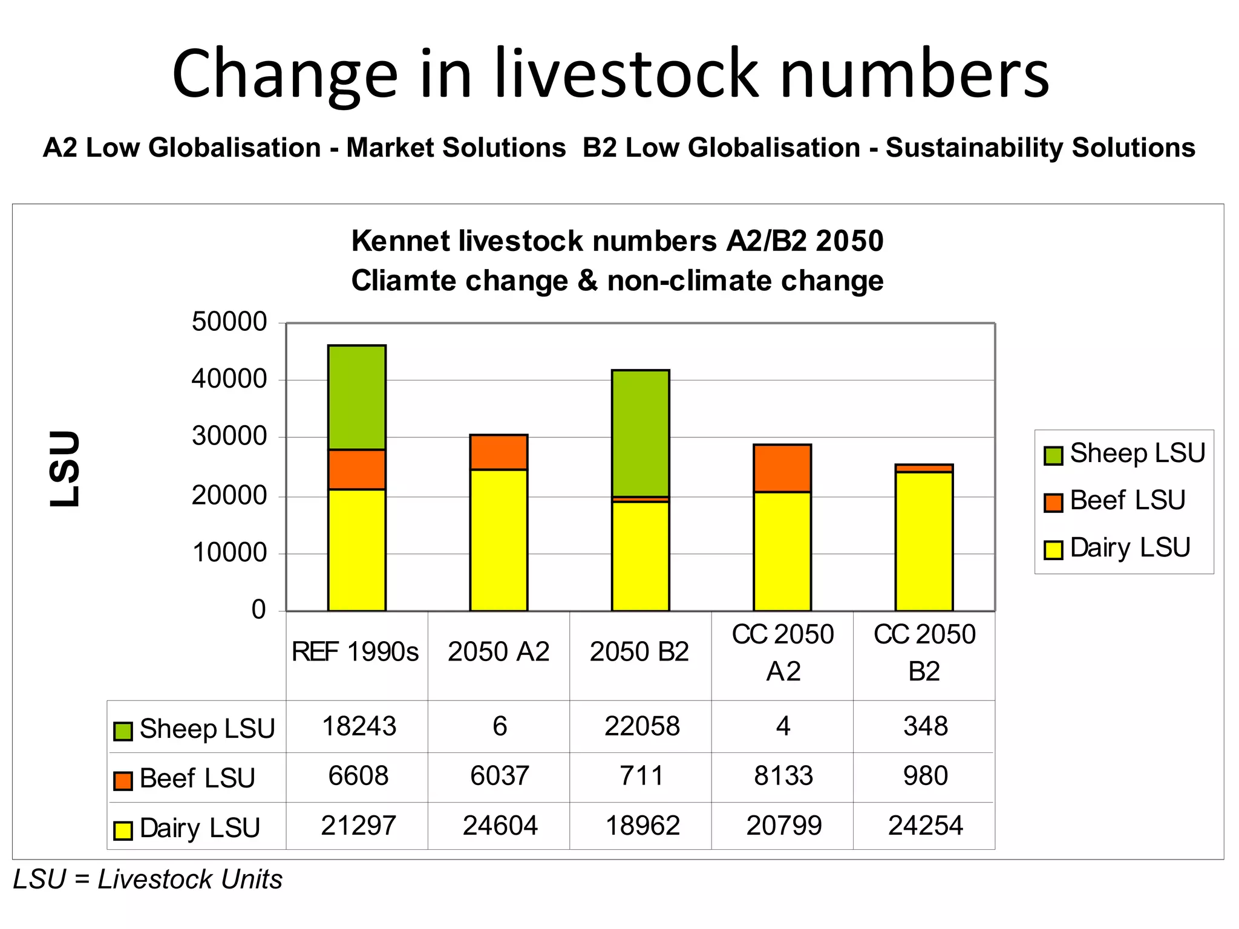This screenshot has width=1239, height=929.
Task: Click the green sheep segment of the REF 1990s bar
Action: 357,397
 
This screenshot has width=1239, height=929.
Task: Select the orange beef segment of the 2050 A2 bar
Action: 499,452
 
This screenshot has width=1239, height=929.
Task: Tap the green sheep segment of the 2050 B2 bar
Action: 640,433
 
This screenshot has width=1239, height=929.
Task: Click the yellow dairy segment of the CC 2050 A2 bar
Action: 782,551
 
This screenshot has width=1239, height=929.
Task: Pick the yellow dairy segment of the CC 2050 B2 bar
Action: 924,541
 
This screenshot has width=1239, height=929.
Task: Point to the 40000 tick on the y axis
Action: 229,379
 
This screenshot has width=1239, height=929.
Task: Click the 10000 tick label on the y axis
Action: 229,553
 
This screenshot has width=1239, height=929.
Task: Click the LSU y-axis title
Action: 65,469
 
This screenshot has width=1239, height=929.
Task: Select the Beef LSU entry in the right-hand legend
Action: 1126,501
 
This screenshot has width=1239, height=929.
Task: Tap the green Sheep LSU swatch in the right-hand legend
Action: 1053,455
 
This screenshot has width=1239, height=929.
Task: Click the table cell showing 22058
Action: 641,726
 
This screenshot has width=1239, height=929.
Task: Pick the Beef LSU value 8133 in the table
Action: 783,776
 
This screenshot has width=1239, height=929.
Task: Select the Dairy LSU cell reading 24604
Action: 500,826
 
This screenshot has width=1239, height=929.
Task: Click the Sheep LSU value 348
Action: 925,726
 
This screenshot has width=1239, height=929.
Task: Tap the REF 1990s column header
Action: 355,652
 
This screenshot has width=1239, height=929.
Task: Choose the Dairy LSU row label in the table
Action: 199,828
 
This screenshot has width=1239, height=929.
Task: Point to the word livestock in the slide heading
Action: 626,74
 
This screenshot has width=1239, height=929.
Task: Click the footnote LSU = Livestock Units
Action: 148,879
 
